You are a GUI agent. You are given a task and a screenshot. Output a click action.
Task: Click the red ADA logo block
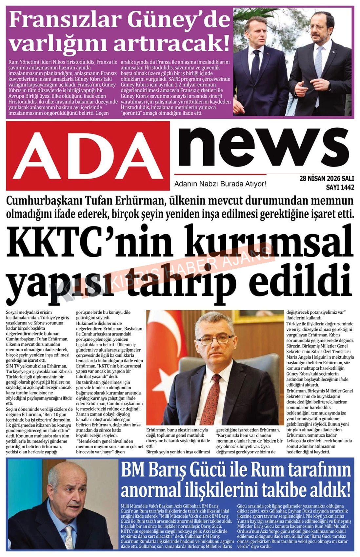coord(88,156)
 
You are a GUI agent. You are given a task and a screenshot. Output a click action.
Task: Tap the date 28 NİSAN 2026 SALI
coord(326,179)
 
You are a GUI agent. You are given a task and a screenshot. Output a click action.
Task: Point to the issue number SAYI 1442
coord(340,187)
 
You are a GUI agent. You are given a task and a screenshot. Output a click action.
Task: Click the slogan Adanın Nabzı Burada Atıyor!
coord(220,184)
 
